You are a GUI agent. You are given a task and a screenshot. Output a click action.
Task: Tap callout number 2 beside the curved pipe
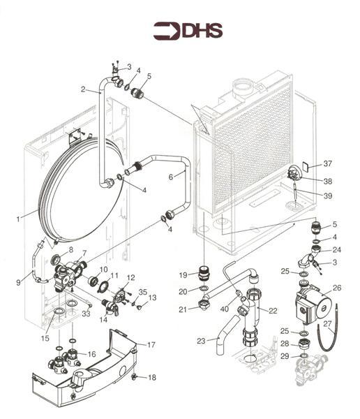coord(83,89)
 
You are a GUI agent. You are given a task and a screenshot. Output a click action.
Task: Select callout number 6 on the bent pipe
coord(172,177)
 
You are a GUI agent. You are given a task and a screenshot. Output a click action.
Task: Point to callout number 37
coord(328,164)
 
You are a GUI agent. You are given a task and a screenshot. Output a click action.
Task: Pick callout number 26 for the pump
coord(337,288)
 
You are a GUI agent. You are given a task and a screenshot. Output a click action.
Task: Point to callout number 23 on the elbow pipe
coord(201,341)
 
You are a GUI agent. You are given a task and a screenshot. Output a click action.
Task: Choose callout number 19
coord(183,275)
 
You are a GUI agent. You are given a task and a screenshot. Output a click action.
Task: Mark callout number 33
coord(87,314)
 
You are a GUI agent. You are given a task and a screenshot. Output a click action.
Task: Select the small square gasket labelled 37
coord(306,168)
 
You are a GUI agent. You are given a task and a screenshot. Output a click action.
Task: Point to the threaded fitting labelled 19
coord(204,272)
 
